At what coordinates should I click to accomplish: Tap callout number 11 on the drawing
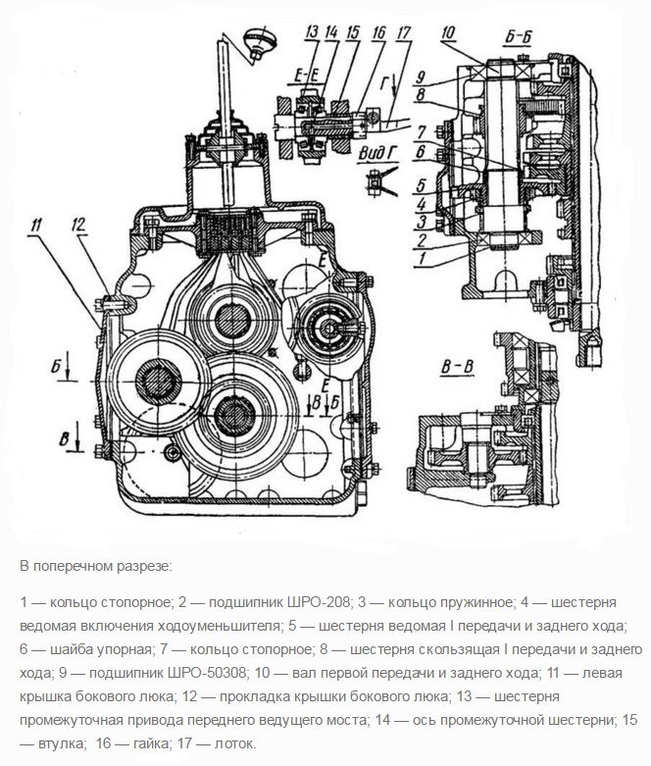pyautogui.click(x=37, y=229)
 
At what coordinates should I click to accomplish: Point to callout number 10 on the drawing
pyautogui.click(x=448, y=33)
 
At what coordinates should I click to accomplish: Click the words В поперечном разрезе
pyautogui.click(x=95, y=567)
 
